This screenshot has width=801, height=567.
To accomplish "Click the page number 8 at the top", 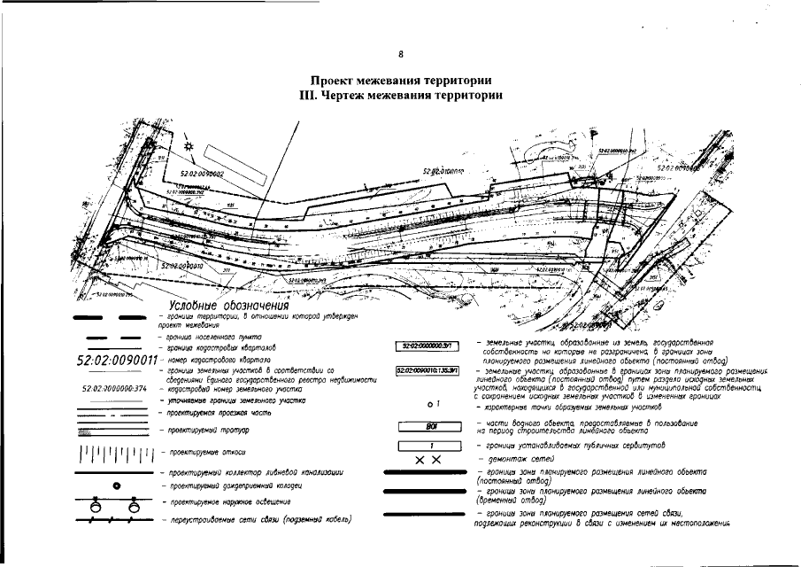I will click(x=401, y=54).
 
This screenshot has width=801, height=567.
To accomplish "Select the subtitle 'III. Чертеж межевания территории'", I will click(x=401, y=96).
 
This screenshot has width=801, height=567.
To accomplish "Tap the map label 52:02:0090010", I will click(x=183, y=265).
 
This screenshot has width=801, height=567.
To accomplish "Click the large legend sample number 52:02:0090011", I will click(x=117, y=361).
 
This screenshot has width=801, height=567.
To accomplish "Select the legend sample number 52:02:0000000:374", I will click(x=112, y=388).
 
